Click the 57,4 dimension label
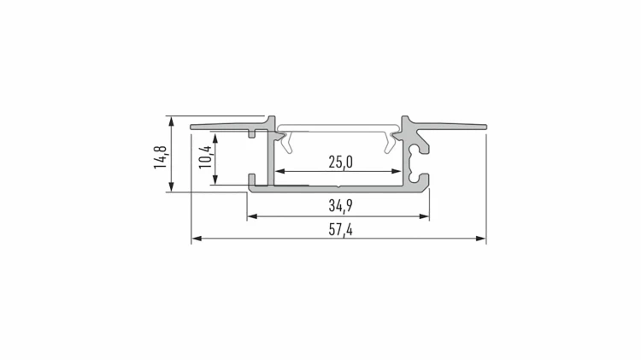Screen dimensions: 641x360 click(340, 230)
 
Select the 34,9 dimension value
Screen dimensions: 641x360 click(340, 206)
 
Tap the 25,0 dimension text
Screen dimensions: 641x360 click(340, 162)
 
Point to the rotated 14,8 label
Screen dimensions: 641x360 click(161, 157)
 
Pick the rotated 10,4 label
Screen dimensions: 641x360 click(206, 156)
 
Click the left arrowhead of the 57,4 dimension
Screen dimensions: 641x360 click(197, 238)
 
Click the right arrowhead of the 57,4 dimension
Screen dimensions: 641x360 click(480, 238)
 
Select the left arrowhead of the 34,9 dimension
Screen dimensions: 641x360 click(252, 216)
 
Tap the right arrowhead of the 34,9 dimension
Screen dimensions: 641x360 click(424, 216)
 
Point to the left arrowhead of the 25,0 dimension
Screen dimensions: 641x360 click(279, 171)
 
